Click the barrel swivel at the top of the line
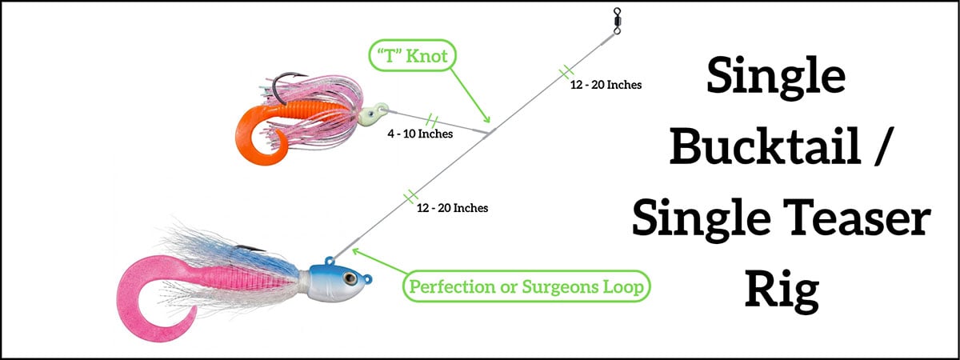pos(617,21)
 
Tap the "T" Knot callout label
pos(412,55)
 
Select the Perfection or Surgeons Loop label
pos(526,286)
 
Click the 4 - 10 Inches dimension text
pos(420,134)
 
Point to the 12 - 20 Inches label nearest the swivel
pos(606,85)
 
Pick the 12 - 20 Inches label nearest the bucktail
pos(453,208)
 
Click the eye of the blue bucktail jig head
pos(350,278)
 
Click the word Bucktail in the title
pos(766,146)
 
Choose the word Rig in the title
pos(782,291)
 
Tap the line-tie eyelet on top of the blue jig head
pos(330,261)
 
